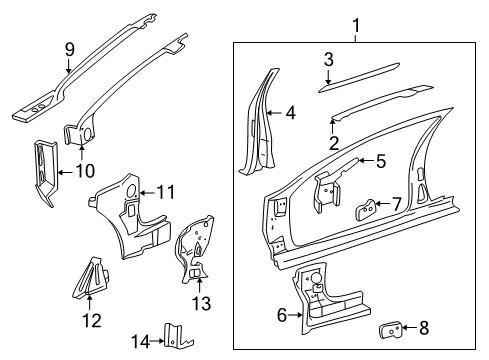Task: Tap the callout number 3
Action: [x=328, y=60]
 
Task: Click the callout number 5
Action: [x=380, y=159]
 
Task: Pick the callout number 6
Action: [x=282, y=316]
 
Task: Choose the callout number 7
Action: [x=396, y=204]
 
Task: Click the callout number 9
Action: [x=68, y=48]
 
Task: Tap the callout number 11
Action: [x=165, y=190]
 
